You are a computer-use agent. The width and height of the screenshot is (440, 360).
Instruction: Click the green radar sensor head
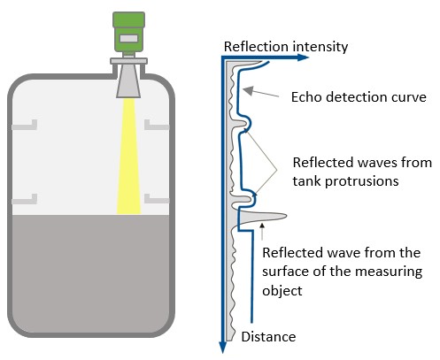click(x=128, y=32)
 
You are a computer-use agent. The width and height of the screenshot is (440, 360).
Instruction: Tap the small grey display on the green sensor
click(x=128, y=38)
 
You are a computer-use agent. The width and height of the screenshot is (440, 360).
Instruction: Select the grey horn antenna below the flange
click(x=128, y=81)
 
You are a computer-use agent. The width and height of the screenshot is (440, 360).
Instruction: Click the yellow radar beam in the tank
click(x=129, y=156)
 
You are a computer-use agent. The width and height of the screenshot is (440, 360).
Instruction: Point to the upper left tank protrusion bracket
click(x=25, y=125)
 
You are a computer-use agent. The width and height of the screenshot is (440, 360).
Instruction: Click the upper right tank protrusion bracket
click(x=157, y=125)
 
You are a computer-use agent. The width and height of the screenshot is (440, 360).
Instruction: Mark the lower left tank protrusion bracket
click(x=25, y=199)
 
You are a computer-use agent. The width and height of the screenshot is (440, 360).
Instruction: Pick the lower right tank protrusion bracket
click(x=157, y=199)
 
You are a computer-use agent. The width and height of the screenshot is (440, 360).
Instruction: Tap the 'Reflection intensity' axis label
click(x=286, y=47)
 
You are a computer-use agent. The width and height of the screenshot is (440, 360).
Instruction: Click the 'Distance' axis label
click(x=268, y=337)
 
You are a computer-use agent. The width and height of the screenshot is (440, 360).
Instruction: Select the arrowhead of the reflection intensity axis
click(x=303, y=57)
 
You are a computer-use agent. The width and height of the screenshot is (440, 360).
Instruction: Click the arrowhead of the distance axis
click(x=223, y=348)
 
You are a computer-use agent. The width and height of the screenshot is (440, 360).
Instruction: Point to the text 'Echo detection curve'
click(x=359, y=97)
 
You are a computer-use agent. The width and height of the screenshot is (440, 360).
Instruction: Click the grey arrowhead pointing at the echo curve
click(x=248, y=90)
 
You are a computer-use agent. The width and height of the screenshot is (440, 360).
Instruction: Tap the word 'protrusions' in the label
click(x=361, y=180)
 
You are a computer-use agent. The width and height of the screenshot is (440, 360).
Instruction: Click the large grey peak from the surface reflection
click(x=263, y=216)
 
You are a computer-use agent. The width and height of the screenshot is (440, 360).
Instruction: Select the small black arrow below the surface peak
click(x=261, y=232)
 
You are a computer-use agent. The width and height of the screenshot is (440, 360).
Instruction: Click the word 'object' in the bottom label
click(x=282, y=291)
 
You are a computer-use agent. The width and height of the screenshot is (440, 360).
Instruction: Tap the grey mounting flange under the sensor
click(x=128, y=61)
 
